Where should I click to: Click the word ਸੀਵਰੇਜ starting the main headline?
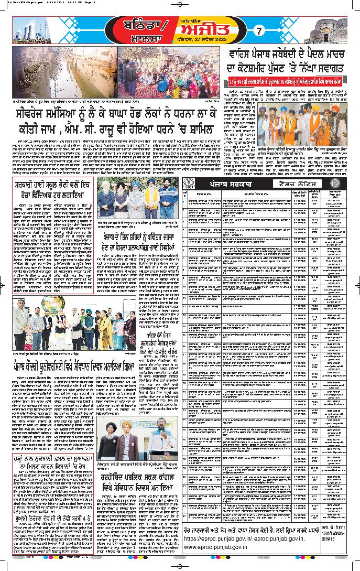click(x=37, y=116)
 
